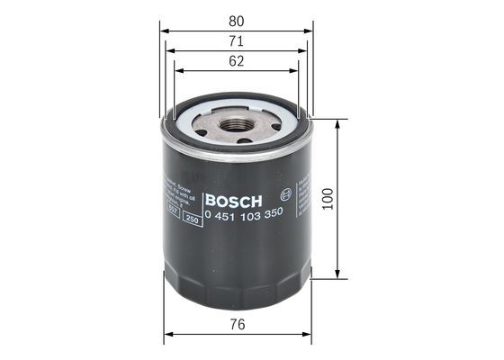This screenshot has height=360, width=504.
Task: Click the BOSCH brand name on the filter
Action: point(233,199)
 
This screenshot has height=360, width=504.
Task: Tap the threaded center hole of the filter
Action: point(237,123)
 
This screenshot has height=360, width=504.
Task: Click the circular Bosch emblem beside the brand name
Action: point(285,193)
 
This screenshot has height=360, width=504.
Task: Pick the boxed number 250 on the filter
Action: point(191,219)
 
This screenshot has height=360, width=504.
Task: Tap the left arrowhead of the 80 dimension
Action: point(165,29)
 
